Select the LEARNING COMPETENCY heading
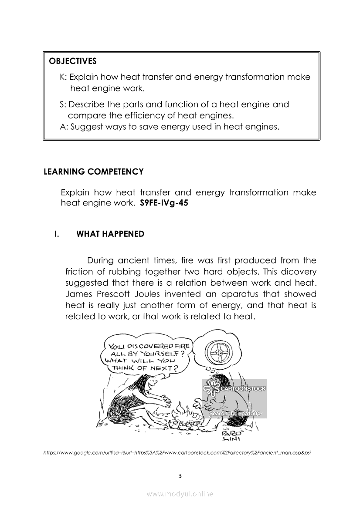[x=94, y=172]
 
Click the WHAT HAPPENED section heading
[x=110, y=234]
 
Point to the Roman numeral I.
[x=56, y=234]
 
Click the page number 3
[x=180, y=475]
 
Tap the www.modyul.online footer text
[x=180, y=494]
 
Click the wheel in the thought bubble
[x=220, y=352]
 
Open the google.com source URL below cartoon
[x=177, y=453]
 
